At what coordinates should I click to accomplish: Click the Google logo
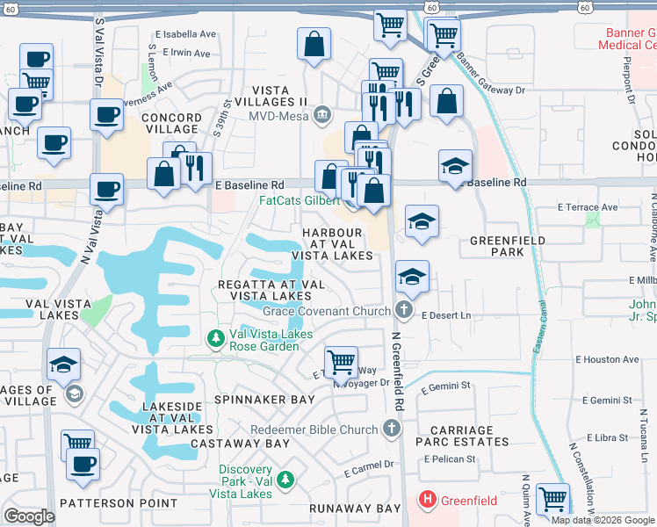(30, 516)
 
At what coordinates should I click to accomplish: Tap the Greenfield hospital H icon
(428, 502)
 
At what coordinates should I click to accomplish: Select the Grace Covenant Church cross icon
(403, 310)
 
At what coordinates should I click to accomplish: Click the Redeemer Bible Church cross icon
(392, 430)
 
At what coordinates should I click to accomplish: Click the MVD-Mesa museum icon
(322, 114)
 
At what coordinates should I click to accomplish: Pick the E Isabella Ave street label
(185, 35)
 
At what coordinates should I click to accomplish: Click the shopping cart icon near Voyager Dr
(340, 361)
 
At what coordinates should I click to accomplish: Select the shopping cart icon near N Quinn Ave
(553, 499)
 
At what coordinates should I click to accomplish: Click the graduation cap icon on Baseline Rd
(455, 165)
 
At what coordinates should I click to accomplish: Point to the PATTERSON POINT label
(118, 503)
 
